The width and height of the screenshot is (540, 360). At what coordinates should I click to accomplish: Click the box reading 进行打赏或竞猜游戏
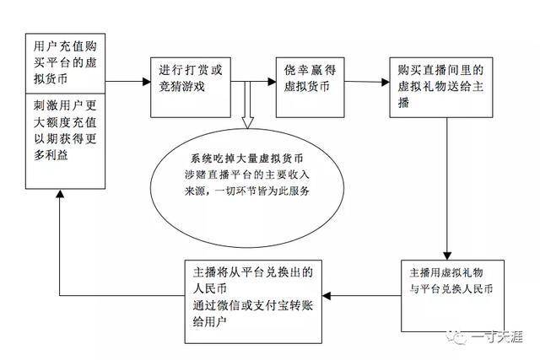point(191,88)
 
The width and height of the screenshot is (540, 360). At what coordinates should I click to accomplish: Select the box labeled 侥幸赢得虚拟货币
point(310,88)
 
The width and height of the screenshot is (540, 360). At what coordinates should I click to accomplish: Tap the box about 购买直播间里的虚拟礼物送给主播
point(440,88)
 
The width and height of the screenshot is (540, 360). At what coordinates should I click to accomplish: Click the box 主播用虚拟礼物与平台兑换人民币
point(452,296)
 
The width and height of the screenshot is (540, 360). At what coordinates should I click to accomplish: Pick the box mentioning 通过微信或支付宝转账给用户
point(253,302)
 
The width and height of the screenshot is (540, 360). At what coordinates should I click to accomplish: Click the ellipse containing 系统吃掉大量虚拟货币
point(247,188)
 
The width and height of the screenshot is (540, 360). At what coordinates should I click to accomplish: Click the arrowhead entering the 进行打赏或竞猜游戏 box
point(147,82)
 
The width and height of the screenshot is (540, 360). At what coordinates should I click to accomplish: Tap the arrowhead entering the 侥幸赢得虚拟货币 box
point(272,82)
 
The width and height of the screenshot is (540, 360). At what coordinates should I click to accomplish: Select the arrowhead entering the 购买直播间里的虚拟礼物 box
point(386,82)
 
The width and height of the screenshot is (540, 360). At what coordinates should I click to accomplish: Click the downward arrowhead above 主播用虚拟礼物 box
point(447,255)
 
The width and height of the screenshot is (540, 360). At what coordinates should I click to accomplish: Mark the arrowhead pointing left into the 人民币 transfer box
point(327,296)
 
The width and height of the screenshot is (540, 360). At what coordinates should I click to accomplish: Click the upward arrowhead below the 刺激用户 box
point(60,193)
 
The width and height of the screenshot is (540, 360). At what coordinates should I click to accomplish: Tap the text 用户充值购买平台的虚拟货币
point(65,62)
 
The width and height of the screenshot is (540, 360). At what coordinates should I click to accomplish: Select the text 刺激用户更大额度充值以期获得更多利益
point(65,130)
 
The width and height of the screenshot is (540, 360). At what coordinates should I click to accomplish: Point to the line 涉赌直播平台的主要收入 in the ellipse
point(247,175)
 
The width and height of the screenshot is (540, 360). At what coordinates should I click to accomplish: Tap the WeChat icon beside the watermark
point(457,337)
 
